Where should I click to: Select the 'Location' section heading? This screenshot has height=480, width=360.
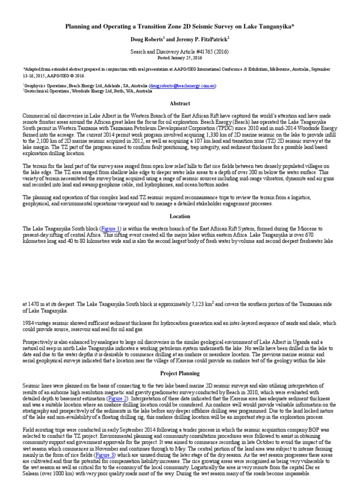(180, 216)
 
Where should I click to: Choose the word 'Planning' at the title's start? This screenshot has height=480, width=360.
(78, 28)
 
